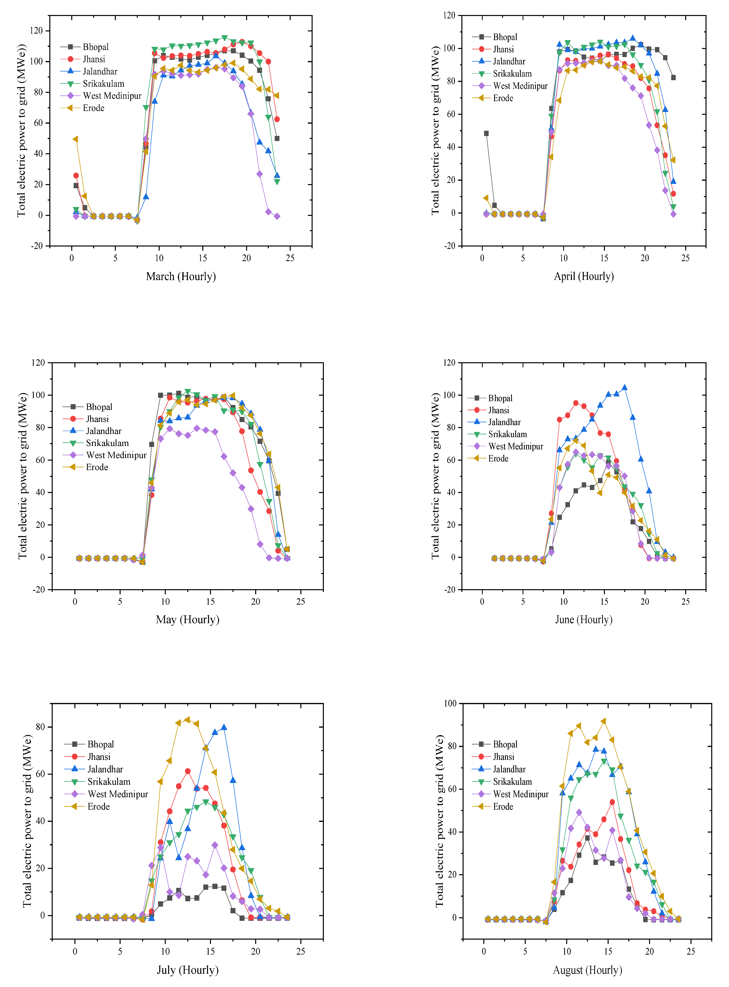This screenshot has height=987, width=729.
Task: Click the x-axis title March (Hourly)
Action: click(181, 277)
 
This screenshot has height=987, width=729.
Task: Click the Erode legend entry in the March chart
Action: click(94, 108)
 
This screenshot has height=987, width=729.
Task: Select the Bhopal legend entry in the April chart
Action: click(505, 37)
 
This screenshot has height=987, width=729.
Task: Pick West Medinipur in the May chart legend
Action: click(116, 455)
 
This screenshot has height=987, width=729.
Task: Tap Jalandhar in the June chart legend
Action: click(504, 422)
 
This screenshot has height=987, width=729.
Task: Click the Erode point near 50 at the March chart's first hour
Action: click(75, 139)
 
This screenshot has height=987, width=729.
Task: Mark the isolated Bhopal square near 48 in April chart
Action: click(486, 133)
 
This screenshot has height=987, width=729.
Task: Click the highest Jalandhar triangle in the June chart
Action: click(624, 388)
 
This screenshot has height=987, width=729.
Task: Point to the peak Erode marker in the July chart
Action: click(187, 720)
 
